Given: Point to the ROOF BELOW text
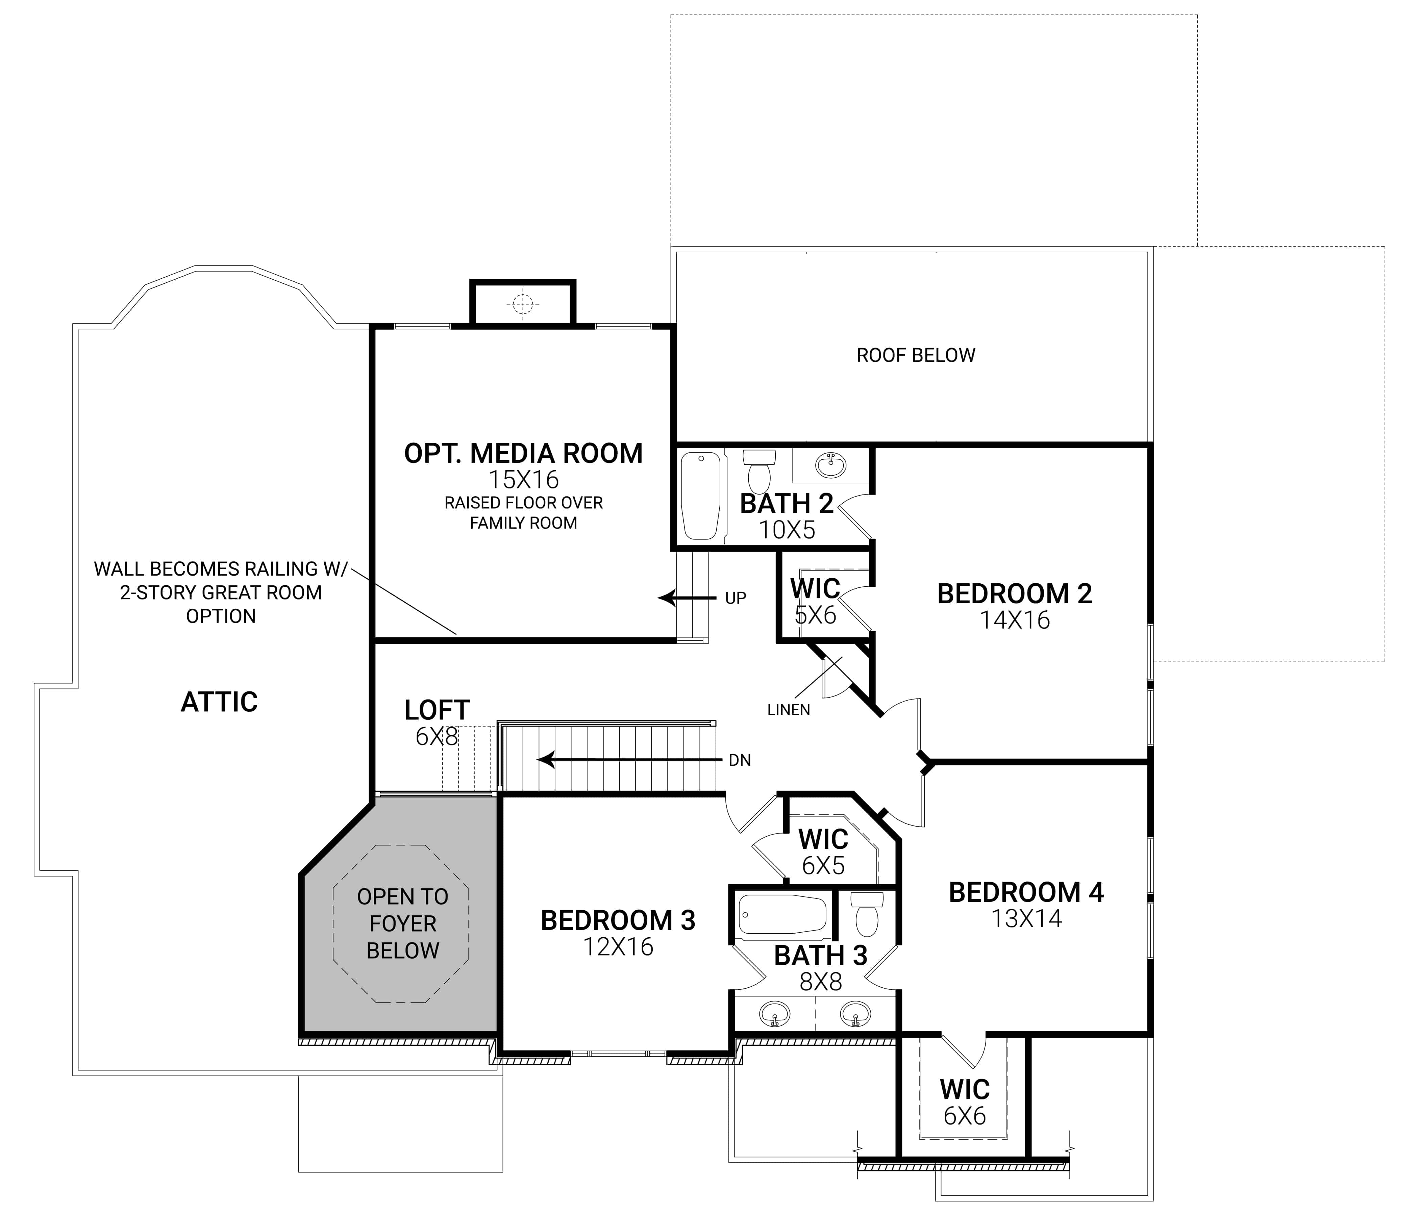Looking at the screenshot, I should (916, 355).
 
